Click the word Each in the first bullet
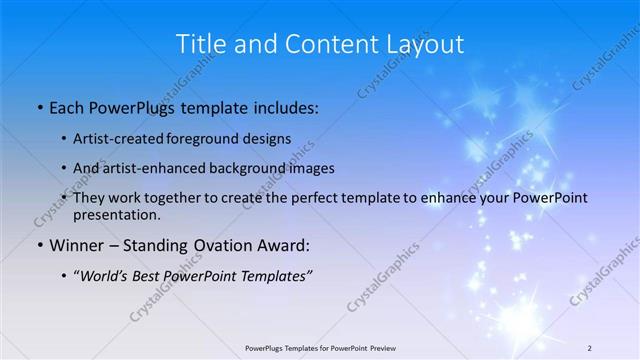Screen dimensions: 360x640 coord(67,105)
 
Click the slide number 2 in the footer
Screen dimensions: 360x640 coord(590,348)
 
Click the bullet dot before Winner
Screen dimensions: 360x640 coord(39,245)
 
